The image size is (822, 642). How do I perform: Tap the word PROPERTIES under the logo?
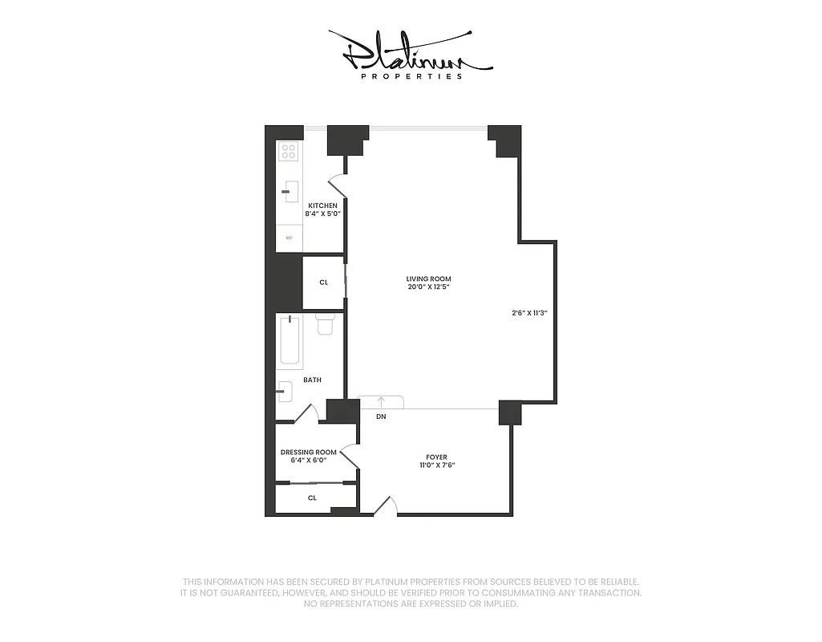pos(411,77)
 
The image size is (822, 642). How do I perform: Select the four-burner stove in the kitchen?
pos(288,151)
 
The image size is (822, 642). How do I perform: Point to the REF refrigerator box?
pos(288,238)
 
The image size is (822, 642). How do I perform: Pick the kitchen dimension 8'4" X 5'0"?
pos(322,214)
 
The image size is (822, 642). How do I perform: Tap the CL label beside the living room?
pos(324,282)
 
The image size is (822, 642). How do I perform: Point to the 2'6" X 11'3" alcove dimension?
pos(528,313)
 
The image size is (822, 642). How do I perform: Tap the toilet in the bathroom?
pos(325,325)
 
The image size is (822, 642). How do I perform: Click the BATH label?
pos(312,380)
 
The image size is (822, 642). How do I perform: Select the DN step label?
pos(381,417)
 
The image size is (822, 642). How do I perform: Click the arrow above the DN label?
pos(381,401)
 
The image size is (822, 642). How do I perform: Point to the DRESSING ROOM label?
pos(309,453)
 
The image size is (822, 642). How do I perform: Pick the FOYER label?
pos(436,457)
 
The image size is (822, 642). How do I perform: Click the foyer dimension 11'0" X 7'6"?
pos(436,466)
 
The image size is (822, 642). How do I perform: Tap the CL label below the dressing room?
pos(313,498)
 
